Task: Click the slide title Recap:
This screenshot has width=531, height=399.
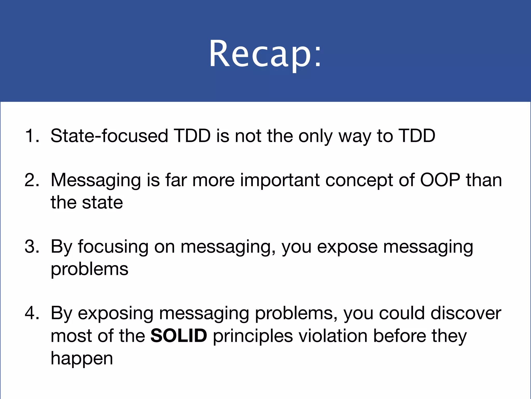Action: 265,54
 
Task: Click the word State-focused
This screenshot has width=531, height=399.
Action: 109,136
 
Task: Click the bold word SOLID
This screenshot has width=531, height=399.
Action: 179,335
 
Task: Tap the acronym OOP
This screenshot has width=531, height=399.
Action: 440,180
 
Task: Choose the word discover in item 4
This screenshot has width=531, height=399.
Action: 466,313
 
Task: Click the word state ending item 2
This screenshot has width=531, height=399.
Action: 102,203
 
